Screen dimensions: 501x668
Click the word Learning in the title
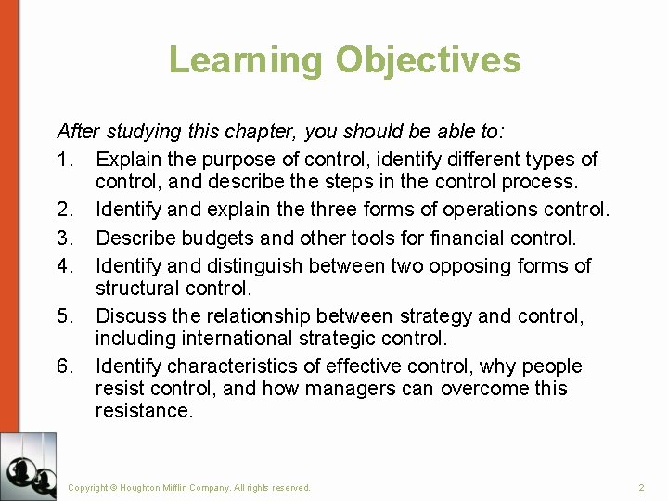(246, 60)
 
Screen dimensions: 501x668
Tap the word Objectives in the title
(428, 60)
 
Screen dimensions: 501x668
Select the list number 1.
(65, 160)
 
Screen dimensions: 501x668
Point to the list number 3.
(65, 238)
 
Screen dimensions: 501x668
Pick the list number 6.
(65, 366)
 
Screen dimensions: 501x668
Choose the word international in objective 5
(241, 339)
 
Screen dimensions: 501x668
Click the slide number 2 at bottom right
(641, 487)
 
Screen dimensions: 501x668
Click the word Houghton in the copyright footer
(142, 487)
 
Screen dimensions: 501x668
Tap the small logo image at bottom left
(28, 466)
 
